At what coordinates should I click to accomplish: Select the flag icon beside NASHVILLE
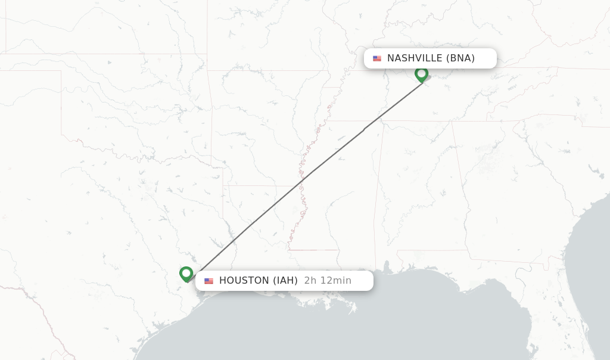tap(377, 58)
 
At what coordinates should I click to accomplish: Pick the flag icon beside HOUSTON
tap(208, 281)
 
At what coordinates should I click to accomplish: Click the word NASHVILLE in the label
tap(415, 58)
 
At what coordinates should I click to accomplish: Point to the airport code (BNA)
tap(460, 58)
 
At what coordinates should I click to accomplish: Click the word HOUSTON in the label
tap(244, 281)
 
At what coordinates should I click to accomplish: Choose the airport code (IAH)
tap(285, 281)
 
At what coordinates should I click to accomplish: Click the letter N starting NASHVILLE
tap(391, 58)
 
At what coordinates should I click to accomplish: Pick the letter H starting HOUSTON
tap(223, 281)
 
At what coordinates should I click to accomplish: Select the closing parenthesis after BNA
tap(473, 58)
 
